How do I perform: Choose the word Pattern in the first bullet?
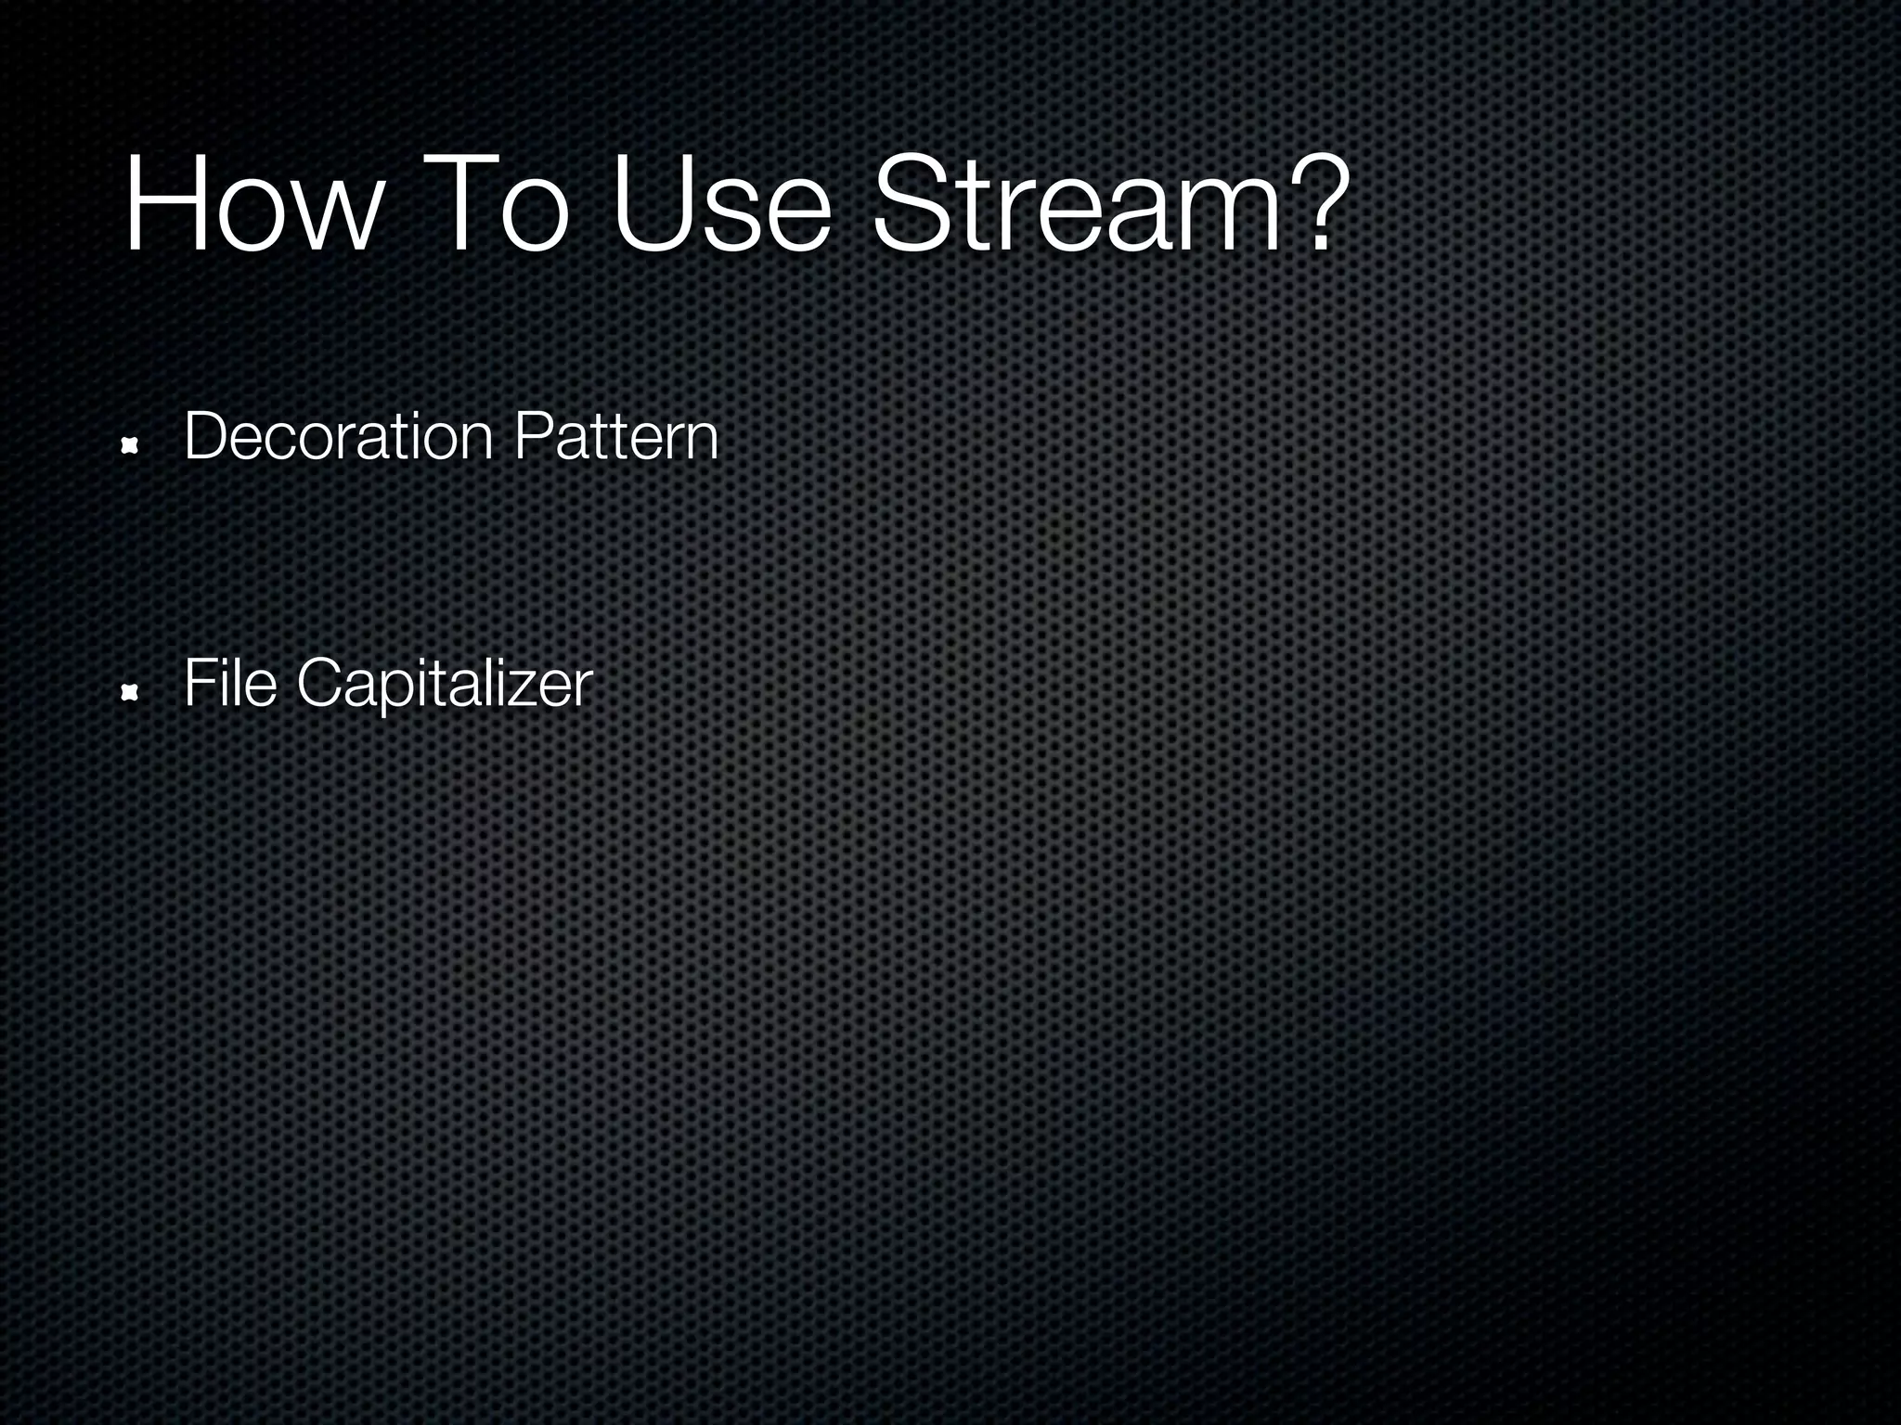point(615,436)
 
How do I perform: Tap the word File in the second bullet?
point(230,683)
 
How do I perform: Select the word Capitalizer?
point(444,685)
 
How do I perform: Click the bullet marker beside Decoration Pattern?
point(130,447)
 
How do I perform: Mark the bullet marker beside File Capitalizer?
point(130,694)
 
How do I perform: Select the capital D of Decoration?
point(206,436)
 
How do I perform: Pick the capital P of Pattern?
point(531,436)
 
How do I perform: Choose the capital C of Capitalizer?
point(321,683)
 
